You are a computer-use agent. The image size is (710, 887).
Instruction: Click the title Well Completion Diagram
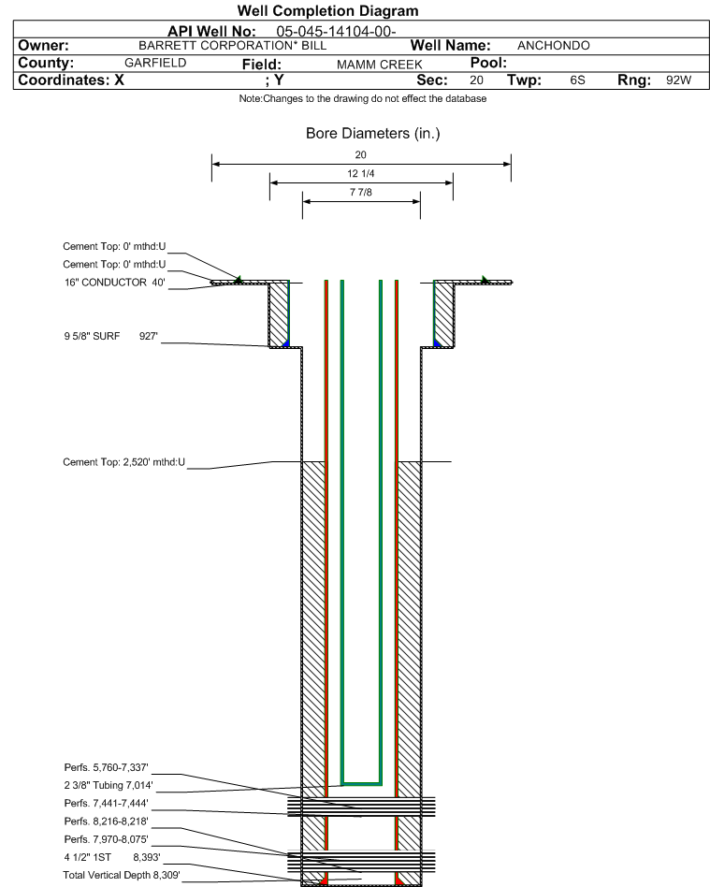(x=327, y=10)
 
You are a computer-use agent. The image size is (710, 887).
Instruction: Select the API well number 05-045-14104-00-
(x=336, y=32)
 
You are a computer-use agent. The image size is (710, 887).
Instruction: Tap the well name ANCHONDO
(x=553, y=46)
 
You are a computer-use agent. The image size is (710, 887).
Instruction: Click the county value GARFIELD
(x=155, y=63)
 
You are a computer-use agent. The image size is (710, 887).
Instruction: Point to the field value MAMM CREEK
(x=379, y=65)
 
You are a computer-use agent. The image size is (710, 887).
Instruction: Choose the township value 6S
(x=577, y=80)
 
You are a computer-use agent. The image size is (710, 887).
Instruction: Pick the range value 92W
(x=678, y=80)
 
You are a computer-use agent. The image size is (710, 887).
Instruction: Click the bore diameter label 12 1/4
(x=360, y=174)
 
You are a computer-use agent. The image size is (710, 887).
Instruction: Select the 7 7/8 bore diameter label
(x=360, y=193)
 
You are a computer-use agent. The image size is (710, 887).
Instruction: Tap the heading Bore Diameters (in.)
(x=373, y=134)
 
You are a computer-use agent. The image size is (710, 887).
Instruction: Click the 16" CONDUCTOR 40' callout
(x=115, y=283)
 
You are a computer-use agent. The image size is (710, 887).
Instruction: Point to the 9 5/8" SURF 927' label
(x=110, y=336)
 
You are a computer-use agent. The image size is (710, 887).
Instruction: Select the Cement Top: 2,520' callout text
(x=123, y=462)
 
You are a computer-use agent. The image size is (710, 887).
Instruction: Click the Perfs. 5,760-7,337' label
(x=107, y=767)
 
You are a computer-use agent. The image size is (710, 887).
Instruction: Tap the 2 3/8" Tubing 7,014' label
(x=109, y=785)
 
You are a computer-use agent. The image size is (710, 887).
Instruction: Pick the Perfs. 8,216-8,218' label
(x=107, y=822)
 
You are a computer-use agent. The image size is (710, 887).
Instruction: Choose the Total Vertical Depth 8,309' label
(x=122, y=875)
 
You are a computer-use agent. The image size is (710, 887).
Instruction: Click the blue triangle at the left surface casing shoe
(x=285, y=343)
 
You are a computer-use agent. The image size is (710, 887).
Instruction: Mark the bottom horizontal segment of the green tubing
(x=361, y=784)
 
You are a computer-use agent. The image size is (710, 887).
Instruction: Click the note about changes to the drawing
(x=363, y=99)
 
